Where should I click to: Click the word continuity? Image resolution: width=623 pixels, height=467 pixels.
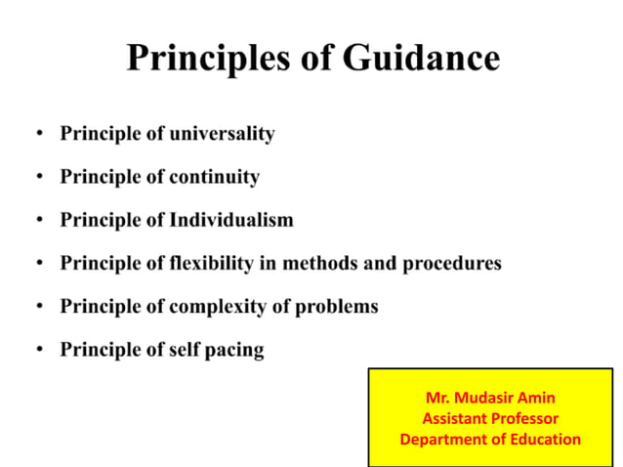click(x=214, y=177)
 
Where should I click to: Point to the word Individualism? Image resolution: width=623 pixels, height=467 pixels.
click(x=230, y=220)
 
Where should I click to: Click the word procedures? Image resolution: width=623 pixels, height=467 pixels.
click(x=454, y=263)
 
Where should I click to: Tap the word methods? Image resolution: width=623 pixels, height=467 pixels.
click(x=331, y=263)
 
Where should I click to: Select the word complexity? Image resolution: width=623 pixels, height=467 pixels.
click(x=217, y=306)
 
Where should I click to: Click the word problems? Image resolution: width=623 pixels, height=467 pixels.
click(x=338, y=306)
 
